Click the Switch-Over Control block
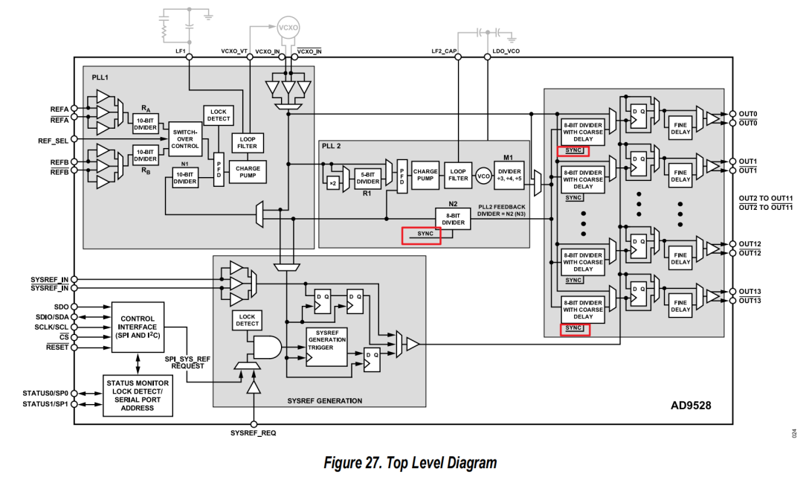click(x=185, y=139)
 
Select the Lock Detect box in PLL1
click(x=219, y=115)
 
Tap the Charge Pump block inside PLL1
click(x=248, y=173)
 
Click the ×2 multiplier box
click(x=333, y=182)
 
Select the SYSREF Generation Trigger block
click(x=327, y=345)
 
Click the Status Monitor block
click(x=138, y=394)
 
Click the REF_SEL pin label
click(x=54, y=140)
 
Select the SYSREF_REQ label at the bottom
click(x=253, y=433)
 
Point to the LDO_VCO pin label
click(x=506, y=51)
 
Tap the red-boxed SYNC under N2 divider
click(x=421, y=234)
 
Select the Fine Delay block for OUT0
click(x=680, y=129)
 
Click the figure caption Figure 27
click(x=410, y=463)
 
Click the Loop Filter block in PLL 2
click(x=458, y=175)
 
